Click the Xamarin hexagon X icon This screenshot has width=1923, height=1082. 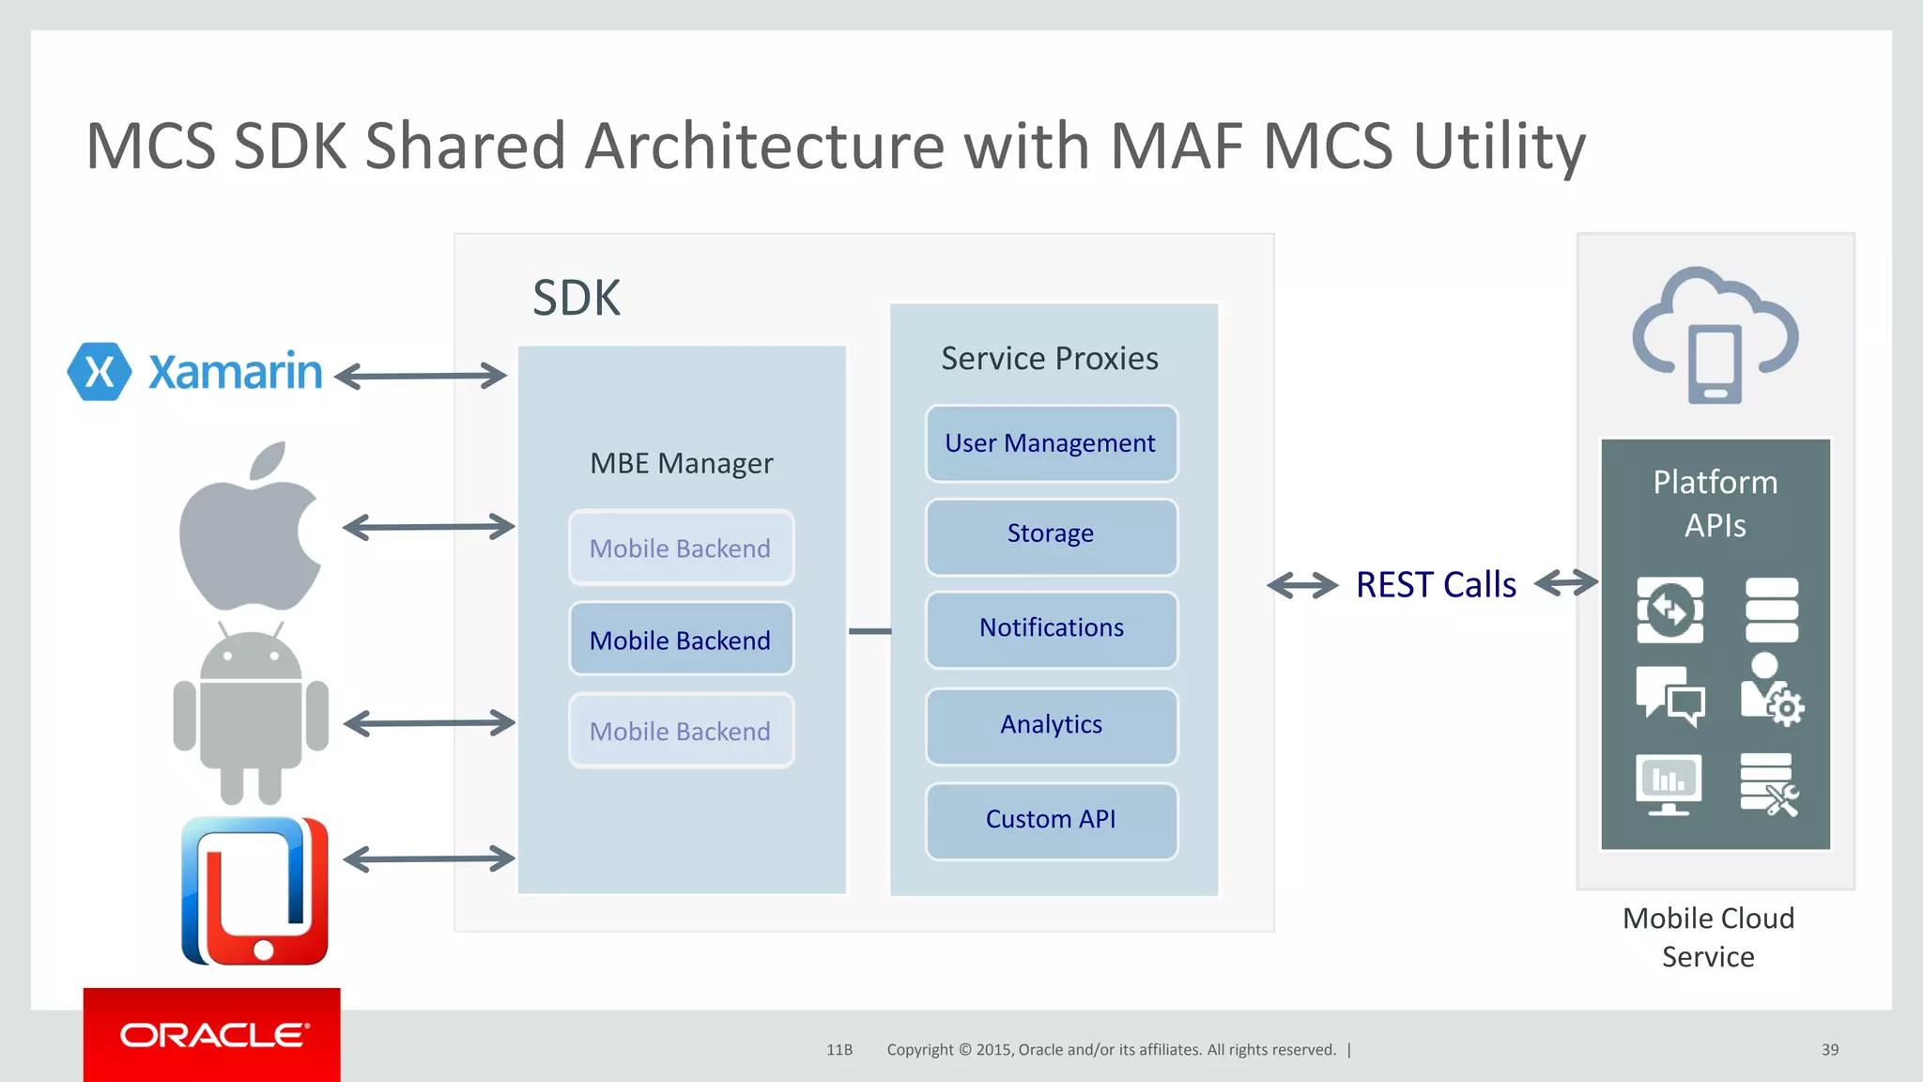[99, 372]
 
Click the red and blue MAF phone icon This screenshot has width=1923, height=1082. [254, 890]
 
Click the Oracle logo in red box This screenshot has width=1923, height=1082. [212, 1035]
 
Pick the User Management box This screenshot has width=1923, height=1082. [1051, 443]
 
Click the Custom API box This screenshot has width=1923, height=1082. [1051, 820]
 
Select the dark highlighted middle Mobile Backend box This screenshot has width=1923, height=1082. [681, 640]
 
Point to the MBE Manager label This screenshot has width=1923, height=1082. [681, 463]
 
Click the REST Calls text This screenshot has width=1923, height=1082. [1436, 584]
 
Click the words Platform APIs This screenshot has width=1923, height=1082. [1715, 503]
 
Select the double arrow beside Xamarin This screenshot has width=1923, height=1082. [420, 376]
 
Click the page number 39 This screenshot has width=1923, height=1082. [1829, 1049]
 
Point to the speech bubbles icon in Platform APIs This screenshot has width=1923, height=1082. [1669, 696]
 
